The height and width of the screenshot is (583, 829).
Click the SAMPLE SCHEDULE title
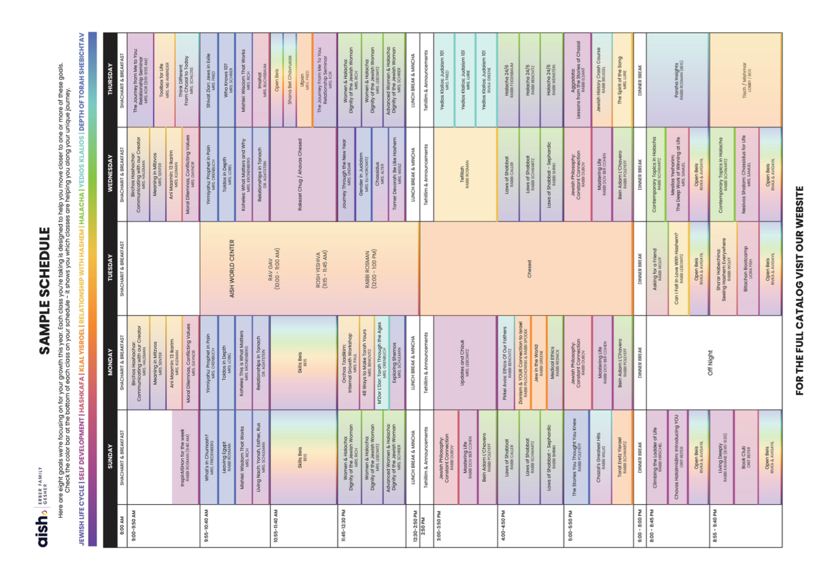[45, 290]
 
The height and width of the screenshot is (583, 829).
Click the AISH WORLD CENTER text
[232, 268]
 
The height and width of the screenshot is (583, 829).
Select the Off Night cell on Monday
[710, 363]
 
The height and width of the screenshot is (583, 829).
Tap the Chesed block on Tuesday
[529, 268]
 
